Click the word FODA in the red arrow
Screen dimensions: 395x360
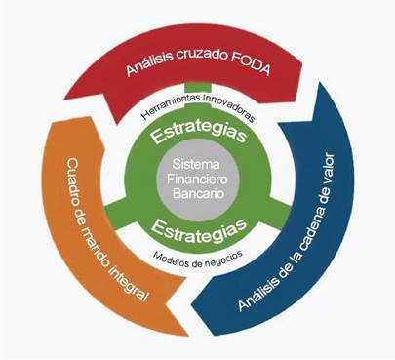coord(251,65)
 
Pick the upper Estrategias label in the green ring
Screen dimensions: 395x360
coord(199,133)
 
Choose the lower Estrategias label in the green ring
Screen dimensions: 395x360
coord(199,229)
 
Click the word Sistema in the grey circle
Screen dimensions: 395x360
coord(196,164)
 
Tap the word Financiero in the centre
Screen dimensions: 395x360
coord(197,179)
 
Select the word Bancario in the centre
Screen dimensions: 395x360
coord(198,193)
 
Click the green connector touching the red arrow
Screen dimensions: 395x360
coord(198,87)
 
